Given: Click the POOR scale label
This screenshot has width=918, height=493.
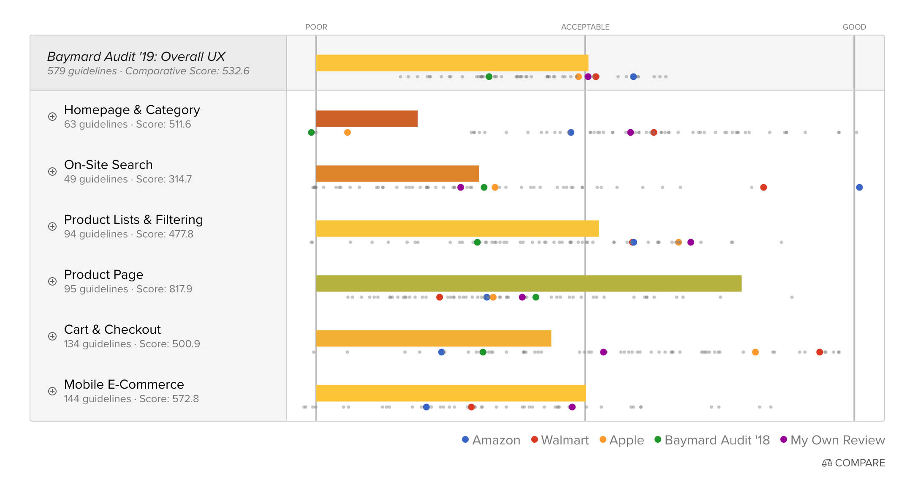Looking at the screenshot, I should pyautogui.click(x=316, y=27).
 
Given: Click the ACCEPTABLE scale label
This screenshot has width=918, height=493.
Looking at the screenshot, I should pyautogui.click(x=585, y=27).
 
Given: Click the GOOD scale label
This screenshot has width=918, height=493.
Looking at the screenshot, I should pyautogui.click(x=854, y=27).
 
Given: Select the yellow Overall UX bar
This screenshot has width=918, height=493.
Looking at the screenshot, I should pyautogui.click(x=452, y=63).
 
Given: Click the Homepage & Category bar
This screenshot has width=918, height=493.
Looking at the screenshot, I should pyautogui.click(x=367, y=119).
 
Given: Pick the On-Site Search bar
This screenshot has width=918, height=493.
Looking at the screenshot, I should pyautogui.click(x=397, y=174).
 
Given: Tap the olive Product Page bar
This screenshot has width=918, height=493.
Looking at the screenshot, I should pyautogui.click(x=528, y=283).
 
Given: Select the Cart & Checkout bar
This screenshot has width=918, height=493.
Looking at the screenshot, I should pyautogui.click(x=433, y=338).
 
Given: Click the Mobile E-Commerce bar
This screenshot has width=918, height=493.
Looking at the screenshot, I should pyautogui.click(x=451, y=393).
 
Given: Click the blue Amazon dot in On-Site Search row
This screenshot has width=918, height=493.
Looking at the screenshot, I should pyautogui.click(x=859, y=187).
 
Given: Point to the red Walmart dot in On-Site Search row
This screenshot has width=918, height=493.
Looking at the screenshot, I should pyautogui.click(x=763, y=187).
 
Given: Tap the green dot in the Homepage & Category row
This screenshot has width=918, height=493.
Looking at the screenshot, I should pyautogui.click(x=311, y=132).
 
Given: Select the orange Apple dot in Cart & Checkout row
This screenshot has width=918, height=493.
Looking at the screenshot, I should pyautogui.click(x=755, y=352).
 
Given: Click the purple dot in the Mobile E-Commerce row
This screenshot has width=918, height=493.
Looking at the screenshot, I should pyautogui.click(x=572, y=407).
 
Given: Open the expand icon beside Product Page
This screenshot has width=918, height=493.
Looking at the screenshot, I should pyautogui.click(x=52, y=281).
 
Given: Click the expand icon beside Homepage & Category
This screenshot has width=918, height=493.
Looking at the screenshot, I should pyautogui.click(x=52, y=117).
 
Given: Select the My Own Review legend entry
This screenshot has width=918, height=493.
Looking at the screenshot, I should pyautogui.click(x=832, y=440).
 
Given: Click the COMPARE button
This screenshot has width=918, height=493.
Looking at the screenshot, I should pyautogui.click(x=853, y=463).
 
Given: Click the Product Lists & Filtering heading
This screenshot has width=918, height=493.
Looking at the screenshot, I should pyautogui.click(x=133, y=220).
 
